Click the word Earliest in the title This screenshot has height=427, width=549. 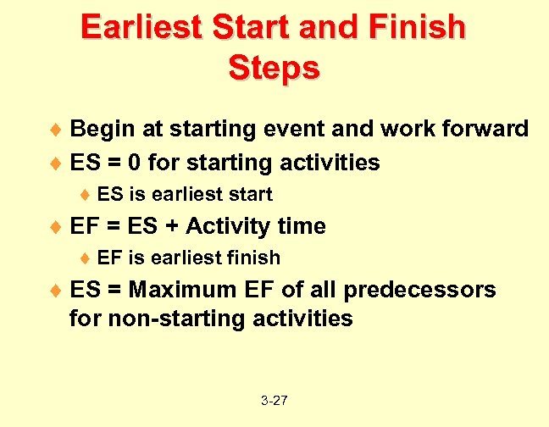[x=141, y=27]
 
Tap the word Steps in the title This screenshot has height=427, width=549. [x=274, y=67]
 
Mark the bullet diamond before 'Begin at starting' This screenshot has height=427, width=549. [x=58, y=130]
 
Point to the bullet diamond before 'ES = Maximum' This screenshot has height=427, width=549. [x=58, y=291]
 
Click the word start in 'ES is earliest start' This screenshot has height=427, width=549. [x=250, y=194]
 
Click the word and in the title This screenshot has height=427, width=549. [x=320, y=27]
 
